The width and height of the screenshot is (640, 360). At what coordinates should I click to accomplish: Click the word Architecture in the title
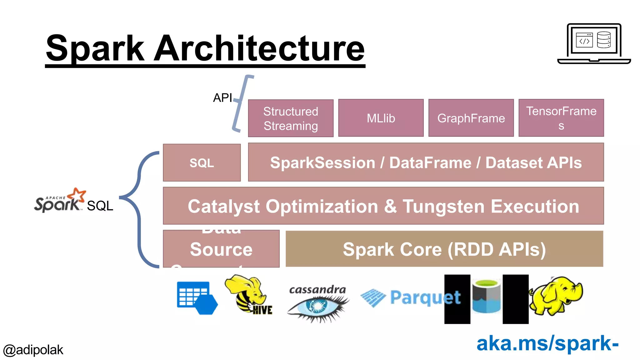(x=259, y=48)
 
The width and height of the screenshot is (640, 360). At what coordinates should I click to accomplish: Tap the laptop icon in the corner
(x=594, y=44)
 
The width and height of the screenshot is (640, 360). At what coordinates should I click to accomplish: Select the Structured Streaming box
(x=291, y=118)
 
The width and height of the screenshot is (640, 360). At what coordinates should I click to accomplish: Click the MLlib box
(x=381, y=118)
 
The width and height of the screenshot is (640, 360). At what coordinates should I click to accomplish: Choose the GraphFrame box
(x=471, y=118)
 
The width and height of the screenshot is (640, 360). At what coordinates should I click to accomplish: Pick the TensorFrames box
(x=561, y=118)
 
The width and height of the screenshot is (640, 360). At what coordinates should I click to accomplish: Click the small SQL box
(x=202, y=163)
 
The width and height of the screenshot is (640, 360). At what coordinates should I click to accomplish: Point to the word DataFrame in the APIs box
(x=430, y=163)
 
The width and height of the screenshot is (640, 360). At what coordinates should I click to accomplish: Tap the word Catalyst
(x=223, y=207)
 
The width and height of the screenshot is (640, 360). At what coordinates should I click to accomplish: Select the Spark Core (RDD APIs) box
(x=444, y=249)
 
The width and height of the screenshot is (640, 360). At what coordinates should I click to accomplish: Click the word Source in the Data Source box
(x=221, y=249)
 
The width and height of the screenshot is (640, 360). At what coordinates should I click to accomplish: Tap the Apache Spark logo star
(x=77, y=195)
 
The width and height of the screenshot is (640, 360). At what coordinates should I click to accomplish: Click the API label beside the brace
(x=222, y=98)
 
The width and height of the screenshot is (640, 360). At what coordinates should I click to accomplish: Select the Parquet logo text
(x=425, y=297)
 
